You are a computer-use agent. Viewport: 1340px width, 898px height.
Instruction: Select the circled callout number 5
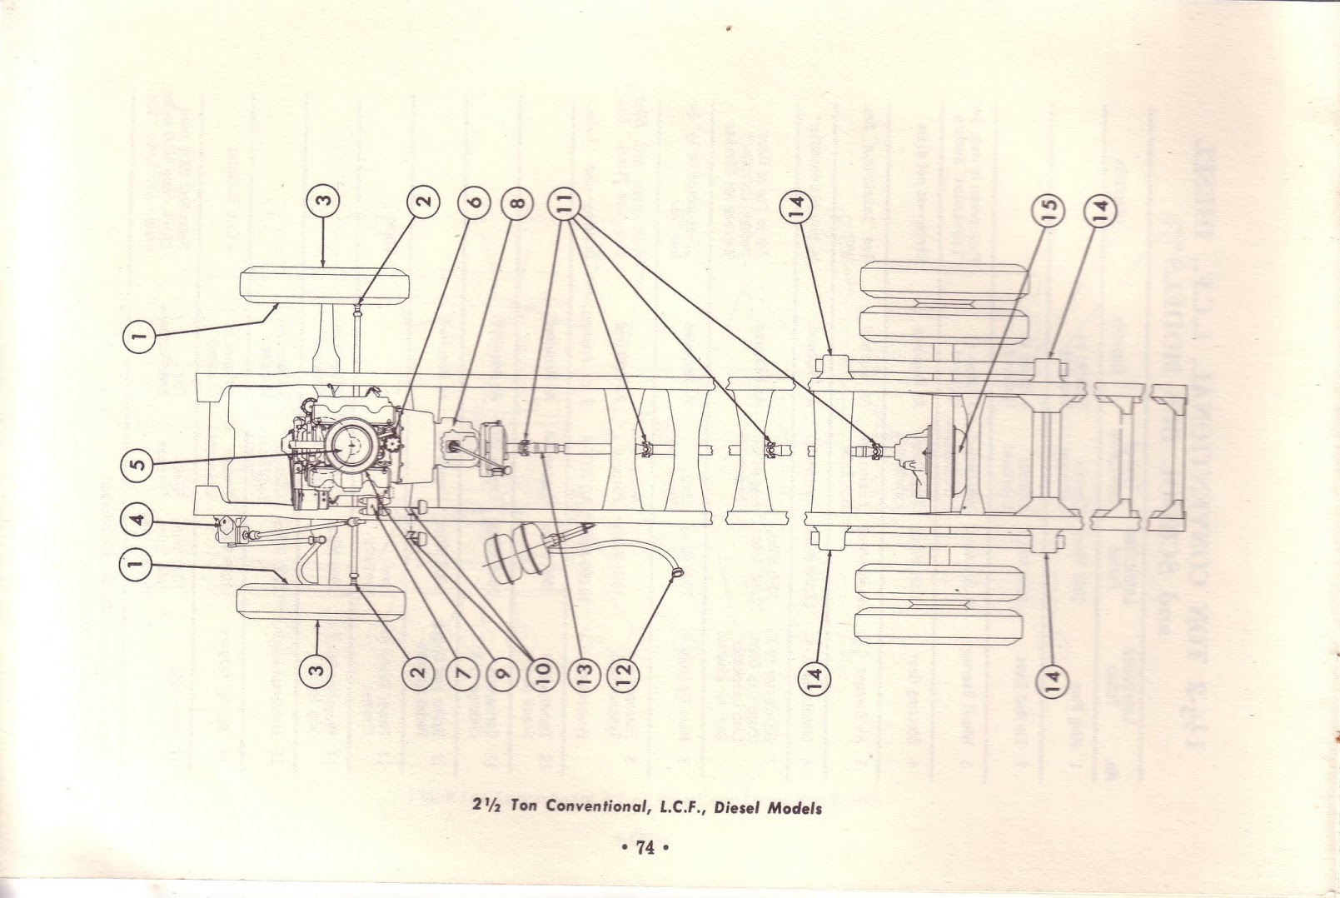click(x=139, y=463)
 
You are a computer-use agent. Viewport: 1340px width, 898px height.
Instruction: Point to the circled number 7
click(x=464, y=670)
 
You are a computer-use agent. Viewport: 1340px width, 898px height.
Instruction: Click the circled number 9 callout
click(x=502, y=670)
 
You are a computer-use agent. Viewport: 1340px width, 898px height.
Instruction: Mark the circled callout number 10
click(x=541, y=670)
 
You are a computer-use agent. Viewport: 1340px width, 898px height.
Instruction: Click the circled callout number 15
click(x=1048, y=208)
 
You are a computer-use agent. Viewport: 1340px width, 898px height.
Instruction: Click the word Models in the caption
click(x=795, y=808)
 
